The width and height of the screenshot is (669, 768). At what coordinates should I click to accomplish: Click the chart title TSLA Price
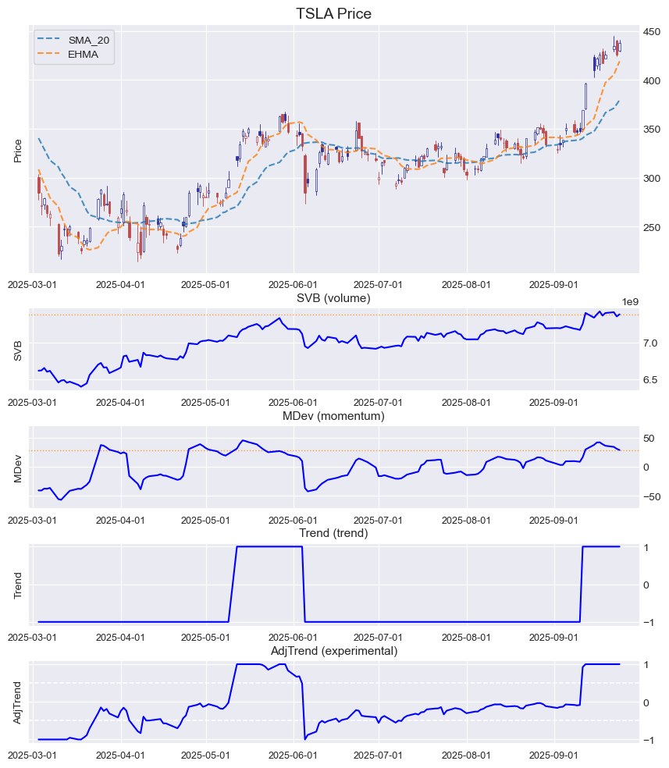[x=333, y=14]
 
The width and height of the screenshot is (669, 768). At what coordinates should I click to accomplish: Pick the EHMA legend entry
[x=83, y=54]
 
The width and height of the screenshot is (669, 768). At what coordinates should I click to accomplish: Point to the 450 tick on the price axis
[x=652, y=31]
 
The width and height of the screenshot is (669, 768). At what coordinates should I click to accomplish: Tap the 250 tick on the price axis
[x=652, y=227]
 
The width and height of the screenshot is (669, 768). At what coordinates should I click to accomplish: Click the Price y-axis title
[x=17, y=151]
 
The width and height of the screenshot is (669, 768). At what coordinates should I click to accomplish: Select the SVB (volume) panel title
[x=333, y=298]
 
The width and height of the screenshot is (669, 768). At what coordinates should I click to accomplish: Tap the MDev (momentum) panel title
[x=333, y=416]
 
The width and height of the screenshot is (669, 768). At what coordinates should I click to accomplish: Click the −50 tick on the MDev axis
[x=650, y=496]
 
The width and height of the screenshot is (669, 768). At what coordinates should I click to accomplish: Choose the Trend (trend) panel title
[x=333, y=533]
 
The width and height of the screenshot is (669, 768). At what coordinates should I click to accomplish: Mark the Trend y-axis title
[x=17, y=585]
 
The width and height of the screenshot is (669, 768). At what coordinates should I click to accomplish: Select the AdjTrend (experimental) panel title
[x=333, y=651]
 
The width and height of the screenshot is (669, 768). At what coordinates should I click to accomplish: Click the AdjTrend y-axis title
[x=17, y=702]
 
